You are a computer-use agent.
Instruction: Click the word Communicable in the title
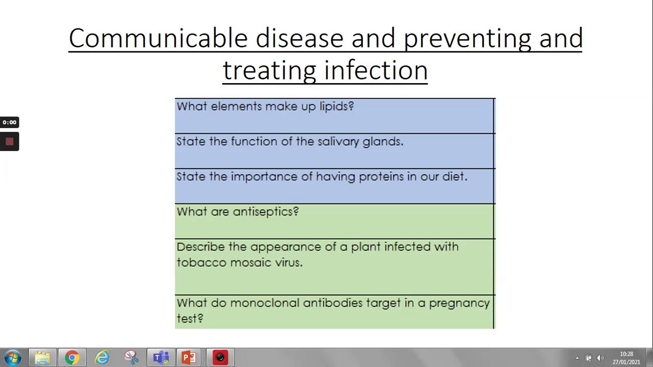click(x=159, y=38)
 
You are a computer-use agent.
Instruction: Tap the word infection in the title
click(x=376, y=70)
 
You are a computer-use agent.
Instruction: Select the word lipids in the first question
click(x=337, y=107)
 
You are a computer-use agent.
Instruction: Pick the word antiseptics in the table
click(x=266, y=212)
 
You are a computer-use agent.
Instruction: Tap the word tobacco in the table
click(x=201, y=263)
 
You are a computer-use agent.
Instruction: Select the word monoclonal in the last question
click(x=265, y=303)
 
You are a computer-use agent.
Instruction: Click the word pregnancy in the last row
click(x=459, y=304)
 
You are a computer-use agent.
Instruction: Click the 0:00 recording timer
click(x=9, y=122)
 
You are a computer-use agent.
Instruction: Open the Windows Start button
click(x=13, y=358)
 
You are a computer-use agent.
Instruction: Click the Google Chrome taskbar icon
click(x=72, y=358)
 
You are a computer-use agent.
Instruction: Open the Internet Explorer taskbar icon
click(x=102, y=358)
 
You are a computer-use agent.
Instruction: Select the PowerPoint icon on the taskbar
click(x=189, y=358)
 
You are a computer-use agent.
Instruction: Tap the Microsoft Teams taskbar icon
click(x=161, y=358)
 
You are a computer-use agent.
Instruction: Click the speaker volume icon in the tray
click(x=600, y=358)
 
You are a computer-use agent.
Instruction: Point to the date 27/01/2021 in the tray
click(x=626, y=362)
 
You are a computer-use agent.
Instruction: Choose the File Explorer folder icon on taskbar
click(x=42, y=358)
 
